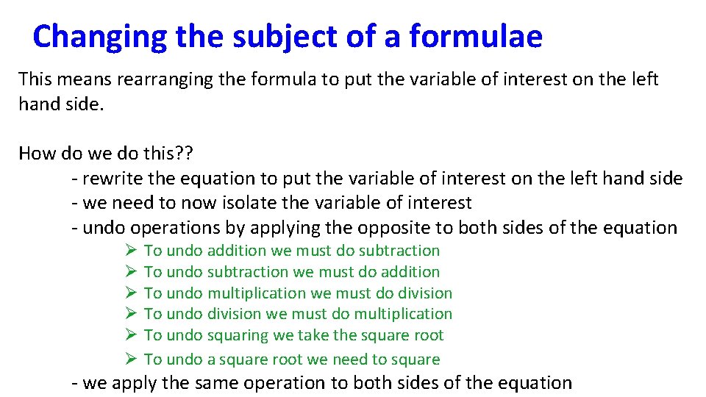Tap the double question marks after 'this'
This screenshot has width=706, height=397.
point(182,153)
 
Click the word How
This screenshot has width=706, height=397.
point(34,153)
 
